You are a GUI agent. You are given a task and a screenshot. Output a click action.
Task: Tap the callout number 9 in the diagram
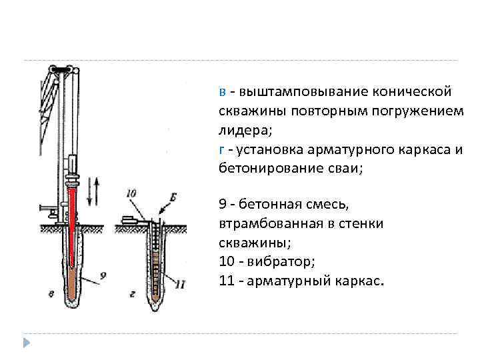103,273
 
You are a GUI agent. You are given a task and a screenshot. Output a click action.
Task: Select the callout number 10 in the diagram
131,194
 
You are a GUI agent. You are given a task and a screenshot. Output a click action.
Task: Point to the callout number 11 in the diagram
180,285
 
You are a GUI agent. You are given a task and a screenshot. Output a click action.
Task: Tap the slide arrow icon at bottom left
26,343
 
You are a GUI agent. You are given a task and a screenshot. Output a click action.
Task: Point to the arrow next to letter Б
161,207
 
